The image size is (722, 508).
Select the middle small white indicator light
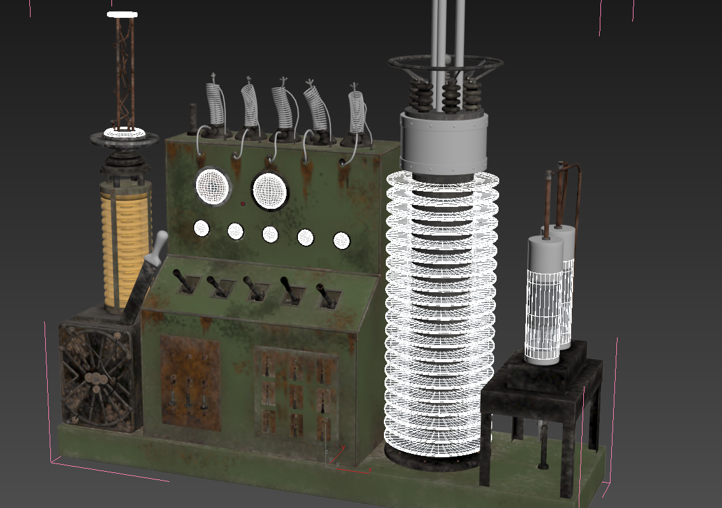point(270,234)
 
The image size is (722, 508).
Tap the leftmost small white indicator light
point(201,228)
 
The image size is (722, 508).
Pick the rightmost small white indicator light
point(341,240)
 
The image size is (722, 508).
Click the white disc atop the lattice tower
point(122,14)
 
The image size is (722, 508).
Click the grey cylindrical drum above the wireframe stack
point(443,145)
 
